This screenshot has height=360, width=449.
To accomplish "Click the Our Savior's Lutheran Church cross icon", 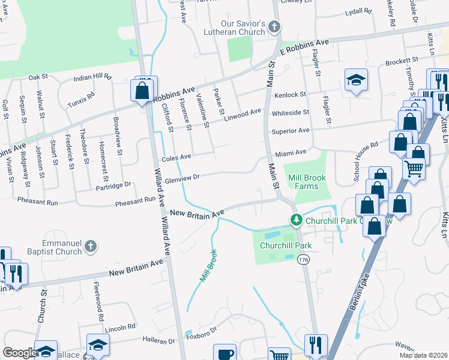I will (275, 26).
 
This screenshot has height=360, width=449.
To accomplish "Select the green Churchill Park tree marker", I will (295, 220).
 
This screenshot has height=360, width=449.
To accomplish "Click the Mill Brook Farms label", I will (311, 182).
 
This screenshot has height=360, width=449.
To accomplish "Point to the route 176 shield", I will (303, 258).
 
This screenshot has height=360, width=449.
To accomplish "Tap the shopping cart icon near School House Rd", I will (414, 169).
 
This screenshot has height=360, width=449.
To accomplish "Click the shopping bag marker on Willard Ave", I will (142, 91).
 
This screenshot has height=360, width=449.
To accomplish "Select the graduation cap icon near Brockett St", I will (356, 80).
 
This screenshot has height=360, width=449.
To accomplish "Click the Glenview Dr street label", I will (181, 176).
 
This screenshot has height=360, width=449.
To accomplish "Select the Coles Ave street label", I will (176, 157).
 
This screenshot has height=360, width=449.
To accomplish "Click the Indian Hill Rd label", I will (92, 77).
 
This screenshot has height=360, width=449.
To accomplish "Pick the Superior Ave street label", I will (290, 130).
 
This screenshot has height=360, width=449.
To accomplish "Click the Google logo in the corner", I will (19, 353).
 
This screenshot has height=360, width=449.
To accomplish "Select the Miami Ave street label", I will (291, 152).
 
